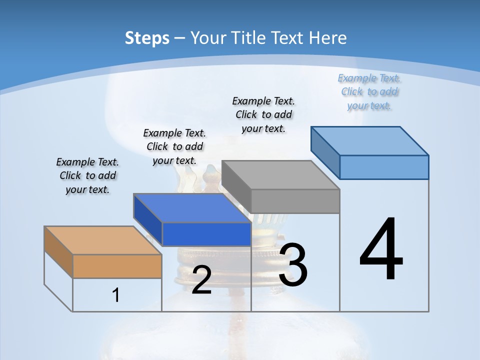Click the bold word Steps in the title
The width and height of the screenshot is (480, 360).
pos(147,38)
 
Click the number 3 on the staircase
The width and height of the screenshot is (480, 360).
pos(293,265)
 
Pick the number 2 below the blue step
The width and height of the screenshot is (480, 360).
pos(201,280)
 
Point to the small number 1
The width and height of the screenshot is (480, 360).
pos(116,295)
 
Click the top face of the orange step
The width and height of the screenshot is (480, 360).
pos(102,240)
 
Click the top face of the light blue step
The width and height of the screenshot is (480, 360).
pos(369,141)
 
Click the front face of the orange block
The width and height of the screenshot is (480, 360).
pos(117,266)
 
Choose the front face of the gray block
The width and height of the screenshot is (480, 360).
pos(295,201)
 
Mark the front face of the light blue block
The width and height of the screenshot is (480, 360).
pos(384,167)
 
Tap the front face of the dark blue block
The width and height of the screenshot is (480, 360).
pos(206,234)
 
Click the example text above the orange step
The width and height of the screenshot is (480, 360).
pos(87,175)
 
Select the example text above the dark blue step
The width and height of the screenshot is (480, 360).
pos(174,146)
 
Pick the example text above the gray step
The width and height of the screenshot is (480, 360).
pos(263,114)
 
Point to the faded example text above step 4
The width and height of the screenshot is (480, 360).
pos(369,91)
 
